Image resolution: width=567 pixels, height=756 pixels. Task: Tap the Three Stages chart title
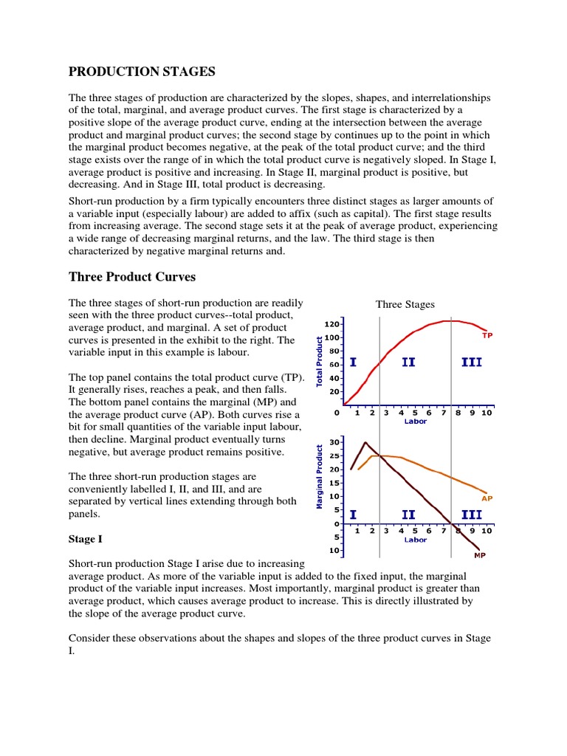[405, 304]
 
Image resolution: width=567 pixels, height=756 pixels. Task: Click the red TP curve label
[487, 335]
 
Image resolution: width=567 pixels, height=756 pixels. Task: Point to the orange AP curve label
[487, 498]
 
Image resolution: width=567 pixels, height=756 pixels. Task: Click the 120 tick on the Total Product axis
[331, 324]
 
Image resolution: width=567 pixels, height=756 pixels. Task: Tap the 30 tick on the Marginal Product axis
[333, 442]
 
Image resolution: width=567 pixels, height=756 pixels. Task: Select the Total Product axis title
[320, 362]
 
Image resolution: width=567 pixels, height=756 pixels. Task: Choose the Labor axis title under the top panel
[415, 422]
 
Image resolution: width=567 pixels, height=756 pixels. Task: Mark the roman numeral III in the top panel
[471, 363]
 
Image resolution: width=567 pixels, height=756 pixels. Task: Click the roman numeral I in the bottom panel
[354, 515]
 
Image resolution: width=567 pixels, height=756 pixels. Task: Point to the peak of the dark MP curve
[365, 443]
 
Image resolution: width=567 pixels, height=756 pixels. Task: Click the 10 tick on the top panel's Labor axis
[487, 413]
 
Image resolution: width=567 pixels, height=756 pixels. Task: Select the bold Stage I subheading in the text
[83, 539]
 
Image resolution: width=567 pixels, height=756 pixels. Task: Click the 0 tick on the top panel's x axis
[337, 413]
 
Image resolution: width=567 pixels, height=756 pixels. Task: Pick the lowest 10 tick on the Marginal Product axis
[333, 551]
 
